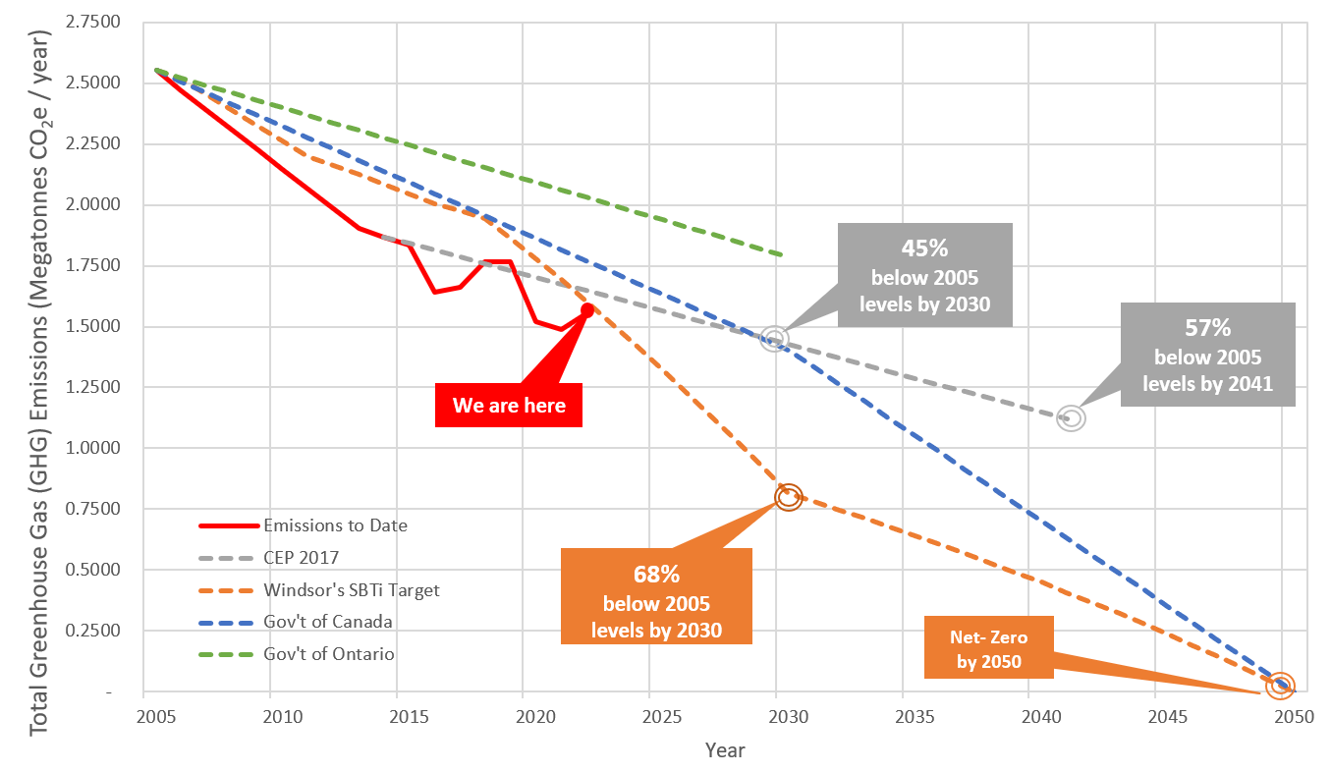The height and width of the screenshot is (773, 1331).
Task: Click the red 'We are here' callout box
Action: pyautogui.click(x=508, y=406)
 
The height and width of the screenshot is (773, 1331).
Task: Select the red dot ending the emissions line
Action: pyautogui.click(x=587, y=309)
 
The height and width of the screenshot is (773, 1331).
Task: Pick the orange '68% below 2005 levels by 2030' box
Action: pyautogui.click(x=655, y=596)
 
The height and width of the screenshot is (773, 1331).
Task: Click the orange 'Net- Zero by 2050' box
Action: pyautogui.click(x=989, y=646)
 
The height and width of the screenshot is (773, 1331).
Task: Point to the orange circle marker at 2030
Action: pyautogui.click(x=789, y=497)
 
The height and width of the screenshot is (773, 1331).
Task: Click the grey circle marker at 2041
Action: pyautogui.click(x=1071, y=418)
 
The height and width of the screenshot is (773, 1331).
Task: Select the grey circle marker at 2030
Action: pyautogui.click(x=775, y=340)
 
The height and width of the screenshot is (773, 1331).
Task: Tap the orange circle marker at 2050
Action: pyautogui.click(x=1280, y=685)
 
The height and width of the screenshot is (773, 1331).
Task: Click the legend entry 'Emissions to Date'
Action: pyautogui.click(x=335, y=525)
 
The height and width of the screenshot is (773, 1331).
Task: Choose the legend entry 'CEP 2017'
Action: pyautogui.click(x=301, y=558)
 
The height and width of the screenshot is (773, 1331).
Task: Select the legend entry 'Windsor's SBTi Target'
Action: pyautogui.click(x=351, y=590)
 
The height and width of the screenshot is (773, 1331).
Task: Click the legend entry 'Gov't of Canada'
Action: pyautogui.click(x=328, y=622)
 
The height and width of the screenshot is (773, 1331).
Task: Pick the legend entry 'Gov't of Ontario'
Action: pyautogui.click(x=329, y=653)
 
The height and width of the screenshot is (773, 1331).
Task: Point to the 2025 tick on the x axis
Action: pyautogui.click(x=649, y=716)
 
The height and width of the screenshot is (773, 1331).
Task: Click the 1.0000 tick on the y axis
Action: pyautogui.click(x=100, y=448)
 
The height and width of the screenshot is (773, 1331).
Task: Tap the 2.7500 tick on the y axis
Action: pyautogui.click(x=100, y=22)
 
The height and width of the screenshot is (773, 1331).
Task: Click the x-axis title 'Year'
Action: pyautogui.click(x=725, y=750)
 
